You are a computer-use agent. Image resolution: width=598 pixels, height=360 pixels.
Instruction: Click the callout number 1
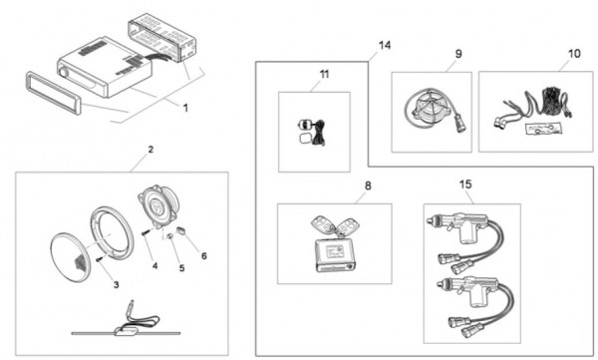click(185, 108)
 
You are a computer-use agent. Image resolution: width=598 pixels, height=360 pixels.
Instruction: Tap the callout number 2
click(150, 150)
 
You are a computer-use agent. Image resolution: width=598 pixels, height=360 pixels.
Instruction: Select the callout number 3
click(116, 284)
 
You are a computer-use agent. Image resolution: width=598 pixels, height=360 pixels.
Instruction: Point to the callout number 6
click(204, 255)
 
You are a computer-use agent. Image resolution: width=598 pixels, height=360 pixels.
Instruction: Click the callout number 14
click(385, 45)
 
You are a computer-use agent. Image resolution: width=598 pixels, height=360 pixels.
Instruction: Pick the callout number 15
click(465, 184)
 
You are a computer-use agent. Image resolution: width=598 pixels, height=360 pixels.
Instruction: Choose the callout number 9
click(458, 54)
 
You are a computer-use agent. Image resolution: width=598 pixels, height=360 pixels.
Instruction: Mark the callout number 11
click(324, 74)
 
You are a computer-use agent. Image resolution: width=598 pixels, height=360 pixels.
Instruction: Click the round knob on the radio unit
click(63, 72)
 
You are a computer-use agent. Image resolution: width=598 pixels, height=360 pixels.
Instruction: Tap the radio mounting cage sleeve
click(161, 37)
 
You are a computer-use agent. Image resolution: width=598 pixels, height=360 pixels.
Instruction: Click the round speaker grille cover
click(70, 258)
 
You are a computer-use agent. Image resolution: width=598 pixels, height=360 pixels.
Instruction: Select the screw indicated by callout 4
click(146, 232)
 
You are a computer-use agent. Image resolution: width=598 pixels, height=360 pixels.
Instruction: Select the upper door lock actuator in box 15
click(464, 244)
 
